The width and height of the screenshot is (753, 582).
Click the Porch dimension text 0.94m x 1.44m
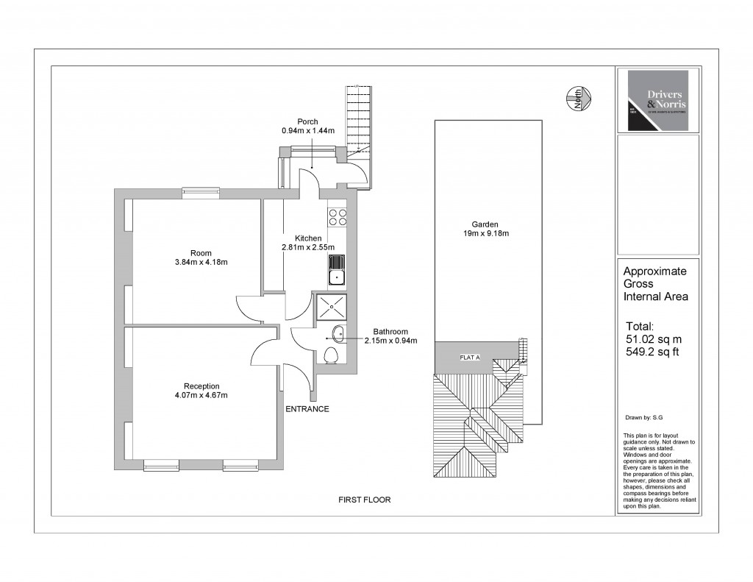tap(307, 130)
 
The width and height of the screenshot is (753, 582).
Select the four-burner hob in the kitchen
tap(338, 217)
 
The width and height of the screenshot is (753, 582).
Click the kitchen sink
tap(337, 270)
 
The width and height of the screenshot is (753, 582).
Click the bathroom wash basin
tap(339, 335)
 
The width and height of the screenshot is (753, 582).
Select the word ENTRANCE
tap(307, 409)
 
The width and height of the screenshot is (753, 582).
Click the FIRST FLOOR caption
tap(364, 500)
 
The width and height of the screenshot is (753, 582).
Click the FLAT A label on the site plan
tap(469, 358)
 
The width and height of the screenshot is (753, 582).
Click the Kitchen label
tap(308, 238)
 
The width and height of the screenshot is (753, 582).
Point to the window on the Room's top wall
tap(201, 193)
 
